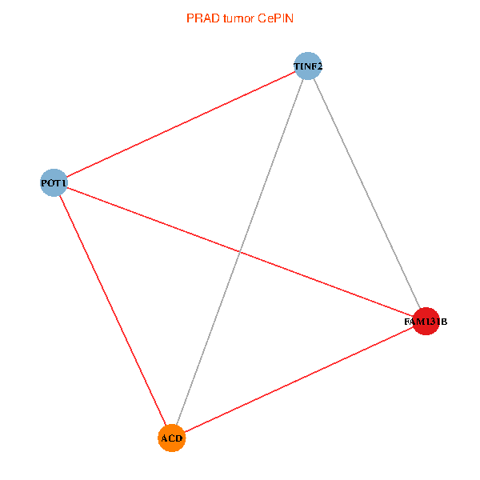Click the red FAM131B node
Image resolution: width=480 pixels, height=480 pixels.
[x=426, y=322]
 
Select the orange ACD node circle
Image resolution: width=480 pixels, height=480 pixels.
[x=172, y=438]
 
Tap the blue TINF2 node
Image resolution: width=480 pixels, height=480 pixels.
[x=308, y=66]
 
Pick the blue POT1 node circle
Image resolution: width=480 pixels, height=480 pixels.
[x=54, y=183]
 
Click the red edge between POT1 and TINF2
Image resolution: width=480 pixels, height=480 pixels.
[x=181, y=125]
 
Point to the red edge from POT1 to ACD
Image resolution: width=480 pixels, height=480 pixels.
[x=113, y=310]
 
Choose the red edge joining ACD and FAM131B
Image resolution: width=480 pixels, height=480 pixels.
[x=298, y=380]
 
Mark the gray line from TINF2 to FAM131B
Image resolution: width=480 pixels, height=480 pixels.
[x=366, y=194]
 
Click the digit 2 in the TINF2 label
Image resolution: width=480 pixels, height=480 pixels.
[x=319, y=66]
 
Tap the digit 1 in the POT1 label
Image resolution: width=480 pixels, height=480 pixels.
[x=64, y=184]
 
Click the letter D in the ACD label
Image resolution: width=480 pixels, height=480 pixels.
[x=180, y=438]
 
